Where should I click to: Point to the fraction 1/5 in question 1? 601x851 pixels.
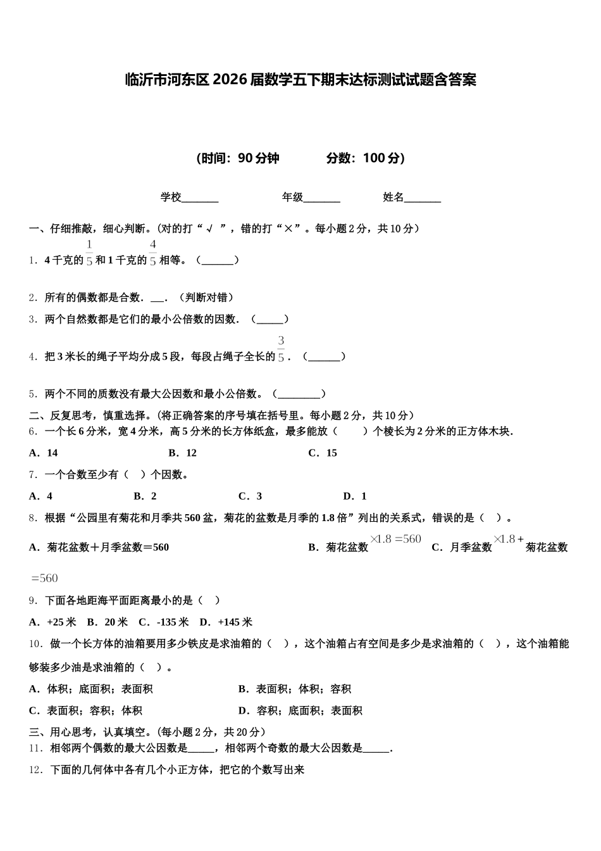click(89, 253)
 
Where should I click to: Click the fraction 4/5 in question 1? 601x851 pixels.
click(152, 253)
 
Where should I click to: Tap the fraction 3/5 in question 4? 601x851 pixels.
click(281, 350)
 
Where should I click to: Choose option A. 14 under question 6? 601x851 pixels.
click(44, 453)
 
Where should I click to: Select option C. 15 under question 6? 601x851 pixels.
click(323, 453)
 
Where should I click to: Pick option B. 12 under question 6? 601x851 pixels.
click(183, 453)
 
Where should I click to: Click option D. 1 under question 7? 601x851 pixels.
click(355, 496)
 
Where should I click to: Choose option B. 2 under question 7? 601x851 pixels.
click(146, 496)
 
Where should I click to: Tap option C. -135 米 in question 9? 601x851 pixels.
click(164, 622)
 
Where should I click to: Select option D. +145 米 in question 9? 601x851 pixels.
click(226, 622)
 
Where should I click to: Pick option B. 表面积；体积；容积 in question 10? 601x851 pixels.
click(295, 689)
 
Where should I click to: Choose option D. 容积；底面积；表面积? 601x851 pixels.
click(300, 710)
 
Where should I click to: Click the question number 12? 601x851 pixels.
click(36, 770)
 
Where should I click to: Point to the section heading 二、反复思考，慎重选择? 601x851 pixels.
click(89, 415)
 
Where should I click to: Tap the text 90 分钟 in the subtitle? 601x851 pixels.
click(259, 158)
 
